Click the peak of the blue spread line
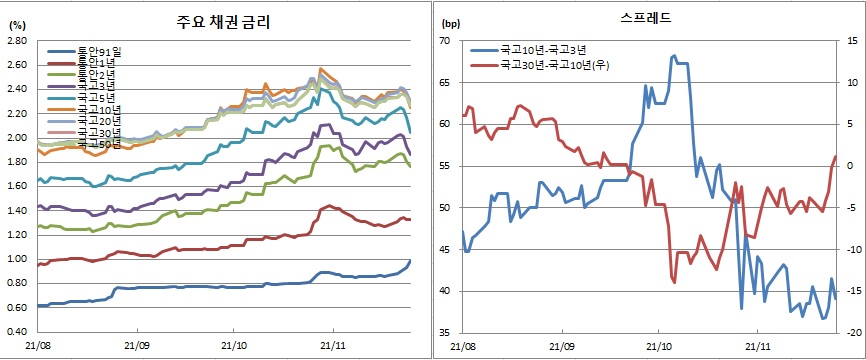pos(673,56)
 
